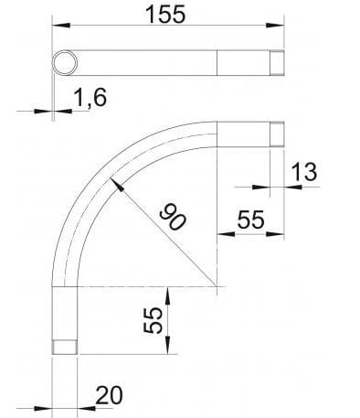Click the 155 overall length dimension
tap(165, 15)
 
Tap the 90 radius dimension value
tap(170, 217)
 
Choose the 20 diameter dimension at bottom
tap(109, 395)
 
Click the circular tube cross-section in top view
tap(64, 62)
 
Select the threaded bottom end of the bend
tap(64, 347)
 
